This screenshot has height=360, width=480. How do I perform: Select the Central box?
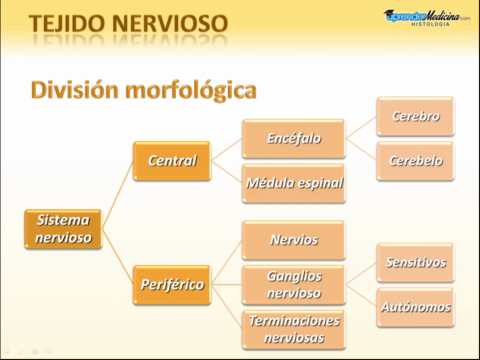(x=172, y=161)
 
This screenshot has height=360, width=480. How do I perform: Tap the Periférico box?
(x=172, y=285)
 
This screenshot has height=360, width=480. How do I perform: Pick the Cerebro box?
(x=415, y=116)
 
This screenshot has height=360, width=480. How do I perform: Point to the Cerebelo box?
(x=415, y=160)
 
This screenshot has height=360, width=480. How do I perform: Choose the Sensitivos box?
(x=415, y=262)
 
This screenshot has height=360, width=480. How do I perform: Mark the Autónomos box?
(x=415, y=307)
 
